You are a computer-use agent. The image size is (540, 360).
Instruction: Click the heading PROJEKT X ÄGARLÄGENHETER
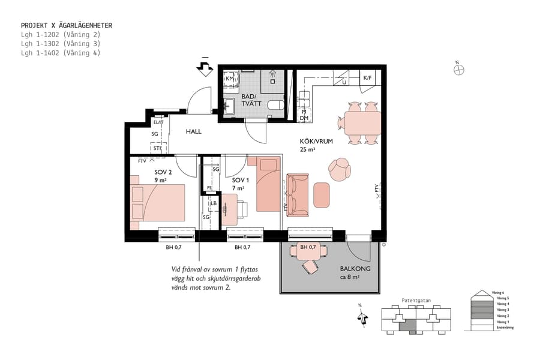[x=67, y=26]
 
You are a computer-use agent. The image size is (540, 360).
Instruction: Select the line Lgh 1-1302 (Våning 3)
[x=60, y=44]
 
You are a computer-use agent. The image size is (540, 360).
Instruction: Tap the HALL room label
[x=193, y=131]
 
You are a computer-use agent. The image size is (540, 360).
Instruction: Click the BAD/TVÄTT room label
[x=248, y=100]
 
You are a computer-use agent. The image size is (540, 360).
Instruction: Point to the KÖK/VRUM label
[x=316, y=142]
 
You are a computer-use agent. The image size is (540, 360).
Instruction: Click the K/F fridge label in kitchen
[x=368, y=78]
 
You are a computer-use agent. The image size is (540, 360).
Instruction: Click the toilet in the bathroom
[x=275, y=106]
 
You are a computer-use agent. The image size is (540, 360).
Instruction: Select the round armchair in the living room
[x=340, y=169]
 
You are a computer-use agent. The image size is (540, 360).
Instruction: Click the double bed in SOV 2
[x=158, y=203]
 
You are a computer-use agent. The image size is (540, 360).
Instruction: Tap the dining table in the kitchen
[x=362, y=123]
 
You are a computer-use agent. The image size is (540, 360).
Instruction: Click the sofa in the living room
[x=298, y=194]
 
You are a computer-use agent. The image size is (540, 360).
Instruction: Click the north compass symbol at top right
[x=458, y=70]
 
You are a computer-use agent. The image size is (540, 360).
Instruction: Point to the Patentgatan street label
[x=415, y=301]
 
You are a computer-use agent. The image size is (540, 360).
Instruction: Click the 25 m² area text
[x=308, y=150]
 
